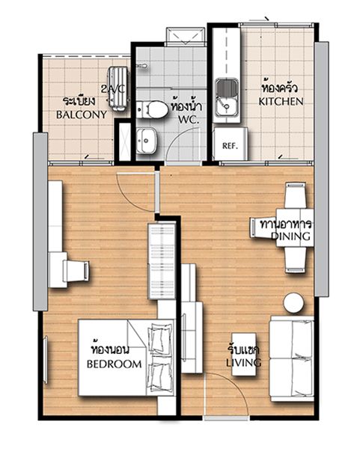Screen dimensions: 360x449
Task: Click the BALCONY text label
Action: (82, 114)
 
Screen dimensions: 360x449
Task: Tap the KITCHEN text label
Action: (281, 101)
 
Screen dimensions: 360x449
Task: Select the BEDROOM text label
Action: (115, 364)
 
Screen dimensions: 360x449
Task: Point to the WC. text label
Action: (189, 120)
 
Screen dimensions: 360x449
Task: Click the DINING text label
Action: (290, 236)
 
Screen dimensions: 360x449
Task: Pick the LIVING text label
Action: (244, 362)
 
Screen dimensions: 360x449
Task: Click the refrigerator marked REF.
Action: (231, 144)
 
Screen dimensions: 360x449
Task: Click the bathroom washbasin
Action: (147, 141)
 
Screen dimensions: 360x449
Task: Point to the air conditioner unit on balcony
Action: (118, 88)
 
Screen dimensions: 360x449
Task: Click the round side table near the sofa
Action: (293, 303)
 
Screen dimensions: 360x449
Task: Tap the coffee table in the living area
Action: (244, 354)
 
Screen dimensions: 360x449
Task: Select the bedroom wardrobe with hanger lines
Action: (162, 261)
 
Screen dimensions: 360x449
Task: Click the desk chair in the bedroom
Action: (76, 271)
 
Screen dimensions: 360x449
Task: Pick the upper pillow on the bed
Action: (160, 340)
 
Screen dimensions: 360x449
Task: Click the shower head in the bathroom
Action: (141, 66)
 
